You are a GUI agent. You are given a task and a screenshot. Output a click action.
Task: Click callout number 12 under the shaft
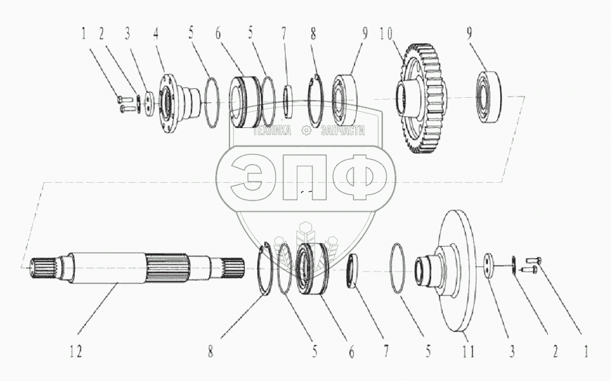click(x=76, y=353)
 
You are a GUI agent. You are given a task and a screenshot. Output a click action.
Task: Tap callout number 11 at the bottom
click(x=468, y=353)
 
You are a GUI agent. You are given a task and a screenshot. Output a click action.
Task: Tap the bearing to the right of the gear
click(x=491, y=98)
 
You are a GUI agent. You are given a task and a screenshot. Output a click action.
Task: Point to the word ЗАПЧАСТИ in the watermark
click(x=340, y=131)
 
